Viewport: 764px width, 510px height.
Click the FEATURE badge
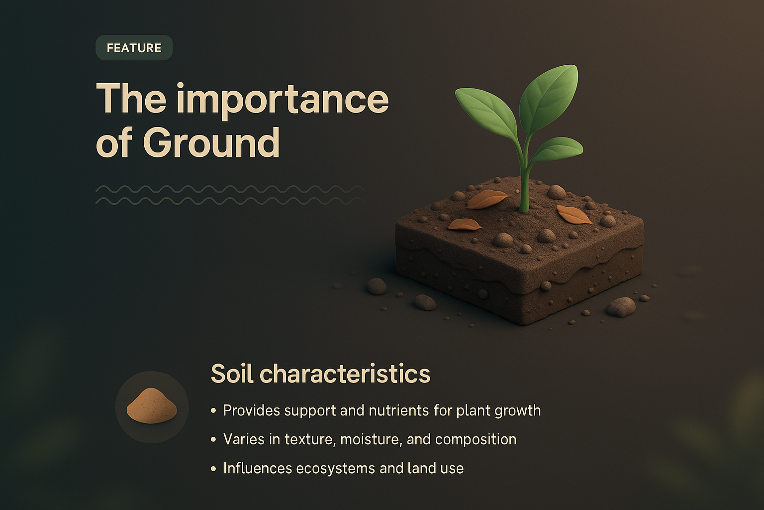pyautogui.click(x=134, y=48)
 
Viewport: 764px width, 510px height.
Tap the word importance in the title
pyautogui.click(x=282, y=100)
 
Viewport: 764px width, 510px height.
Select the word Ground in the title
pyautogui.click(x=211, y=143)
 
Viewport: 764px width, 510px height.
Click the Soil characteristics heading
pyautogui.click(x=320, y=374)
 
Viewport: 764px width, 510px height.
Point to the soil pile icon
pyautogui.click(x=152, y=407)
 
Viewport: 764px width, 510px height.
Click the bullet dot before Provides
pyautogui.click(x=213, y=411)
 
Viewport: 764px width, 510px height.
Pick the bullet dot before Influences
pyautogui.click(x=213, y=469)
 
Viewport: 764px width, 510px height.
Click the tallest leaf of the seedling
pyautogui.click(x=550, y=92)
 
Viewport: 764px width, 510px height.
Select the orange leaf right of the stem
pyautogui.click(x=573, y=215)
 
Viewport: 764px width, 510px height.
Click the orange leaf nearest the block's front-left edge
pyautogui.click(x=465, y=225)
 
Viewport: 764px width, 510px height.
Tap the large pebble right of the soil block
pyautogui.click(x=621, y=306)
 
